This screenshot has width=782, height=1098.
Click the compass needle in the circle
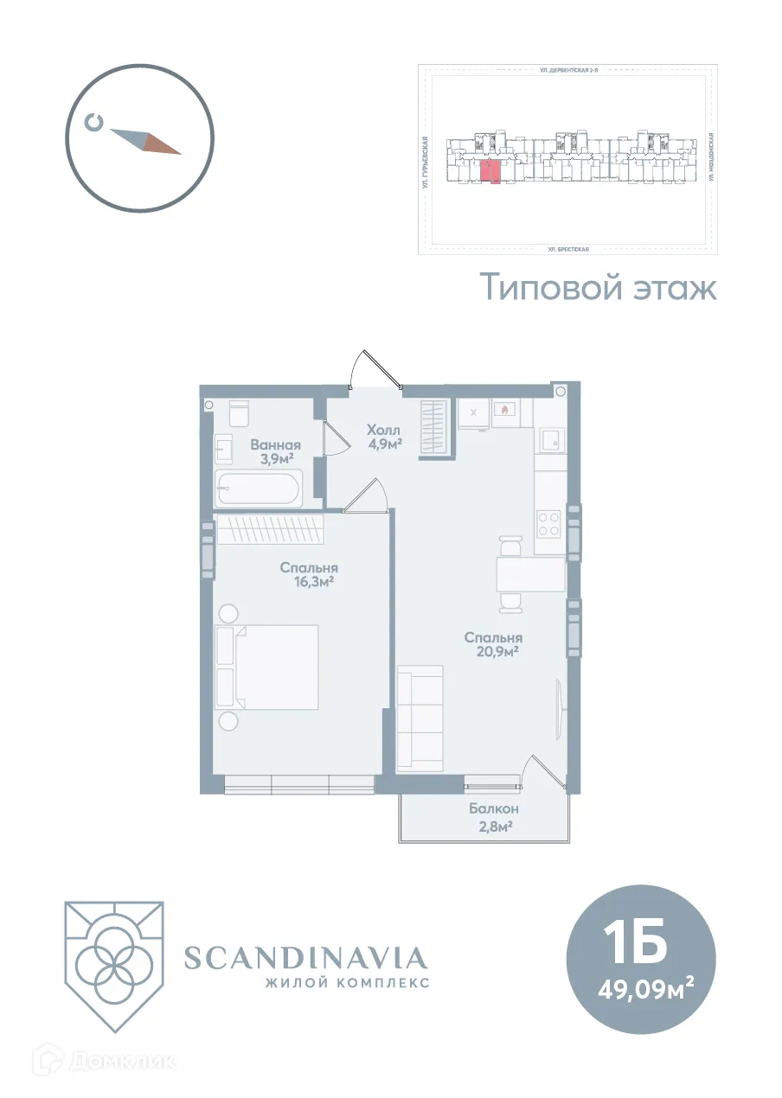[x=144, y=141]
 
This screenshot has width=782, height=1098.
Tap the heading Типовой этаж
[x=598, y=287]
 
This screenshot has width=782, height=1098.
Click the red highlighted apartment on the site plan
[x=490, y=171]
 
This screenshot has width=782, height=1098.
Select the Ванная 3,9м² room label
[x=275, y=452]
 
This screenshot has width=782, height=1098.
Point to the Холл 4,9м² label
[x=383, y=437]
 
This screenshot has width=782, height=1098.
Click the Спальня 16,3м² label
[x=308, y=574]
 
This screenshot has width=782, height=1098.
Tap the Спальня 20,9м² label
[x=491, y=644]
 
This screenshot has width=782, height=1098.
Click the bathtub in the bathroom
[x=258, y=490]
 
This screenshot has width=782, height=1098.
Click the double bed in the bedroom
[x=267, y=667]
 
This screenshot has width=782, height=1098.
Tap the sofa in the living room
[x=420, y=718]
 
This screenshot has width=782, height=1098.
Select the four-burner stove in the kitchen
[x=548, y=524]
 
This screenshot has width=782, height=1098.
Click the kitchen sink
[x=549, y=441]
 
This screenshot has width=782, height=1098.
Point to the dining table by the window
[x=529, y=572]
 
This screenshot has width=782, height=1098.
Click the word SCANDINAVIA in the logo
[x=306, y=957]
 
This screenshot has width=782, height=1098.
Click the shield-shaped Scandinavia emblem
[x=113, y=965]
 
